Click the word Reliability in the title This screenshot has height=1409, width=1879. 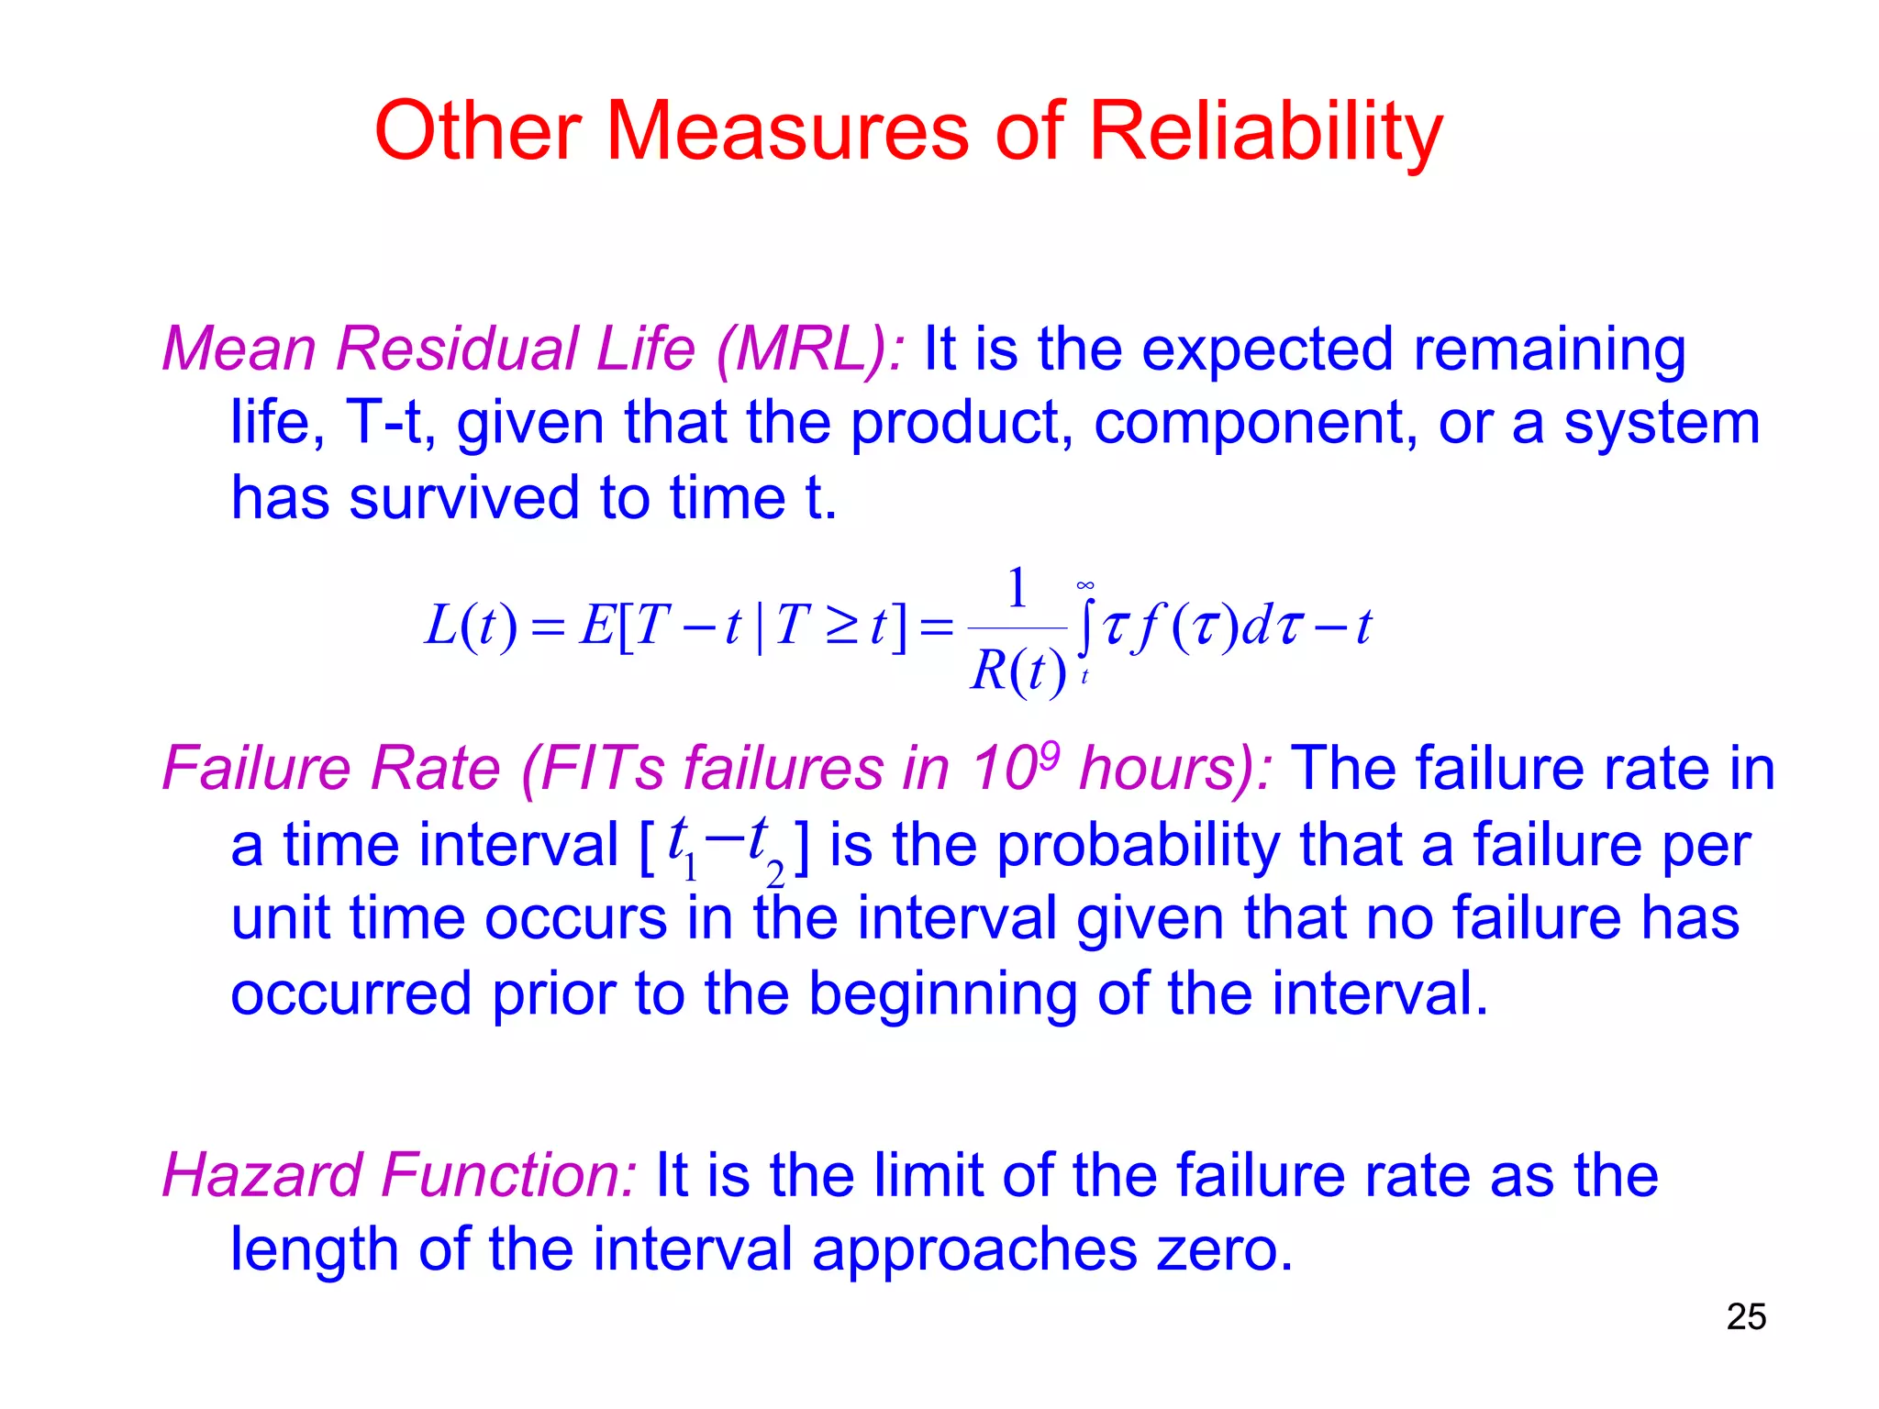click(1265, 133)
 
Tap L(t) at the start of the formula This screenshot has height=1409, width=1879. click(471, 627)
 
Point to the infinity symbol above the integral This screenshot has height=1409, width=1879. click(1085, 585)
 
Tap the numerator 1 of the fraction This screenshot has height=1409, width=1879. click(1017, 588)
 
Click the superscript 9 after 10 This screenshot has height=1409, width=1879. click(1050, 754)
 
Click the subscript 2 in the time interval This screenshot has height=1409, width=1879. click(775, 876)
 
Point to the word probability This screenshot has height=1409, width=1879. click(1138, 845)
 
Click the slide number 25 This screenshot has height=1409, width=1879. click(1746, 1317)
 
